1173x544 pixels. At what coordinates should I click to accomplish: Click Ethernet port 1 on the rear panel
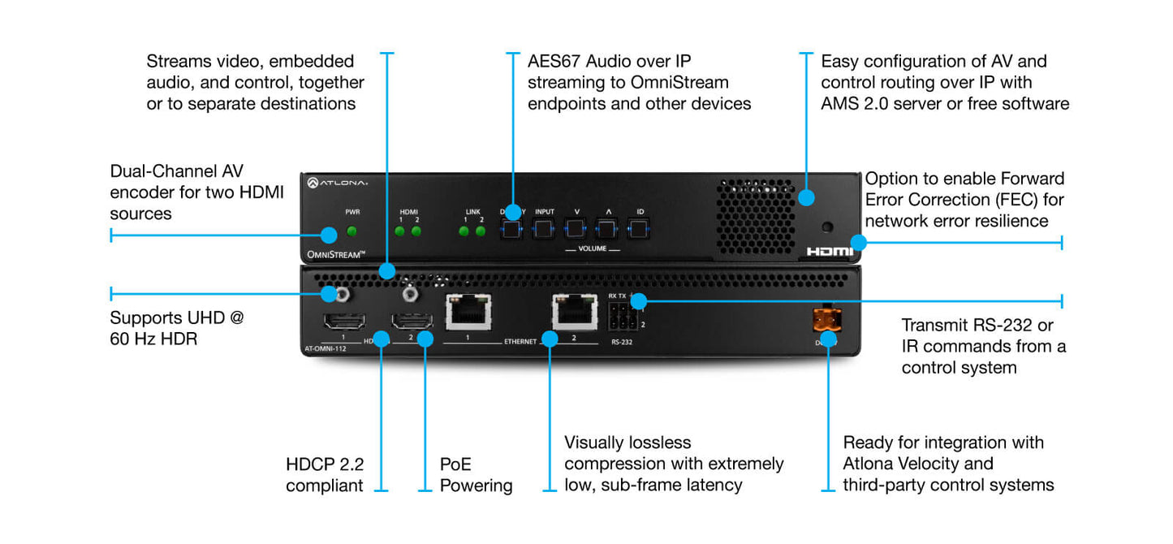click(468, 312)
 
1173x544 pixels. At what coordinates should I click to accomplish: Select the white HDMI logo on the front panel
click(830, 252)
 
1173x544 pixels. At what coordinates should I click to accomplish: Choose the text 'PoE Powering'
click(476, 475)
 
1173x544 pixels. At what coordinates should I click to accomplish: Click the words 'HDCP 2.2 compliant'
click(325, 475)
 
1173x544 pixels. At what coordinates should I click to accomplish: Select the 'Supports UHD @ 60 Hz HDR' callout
click(177, 327)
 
